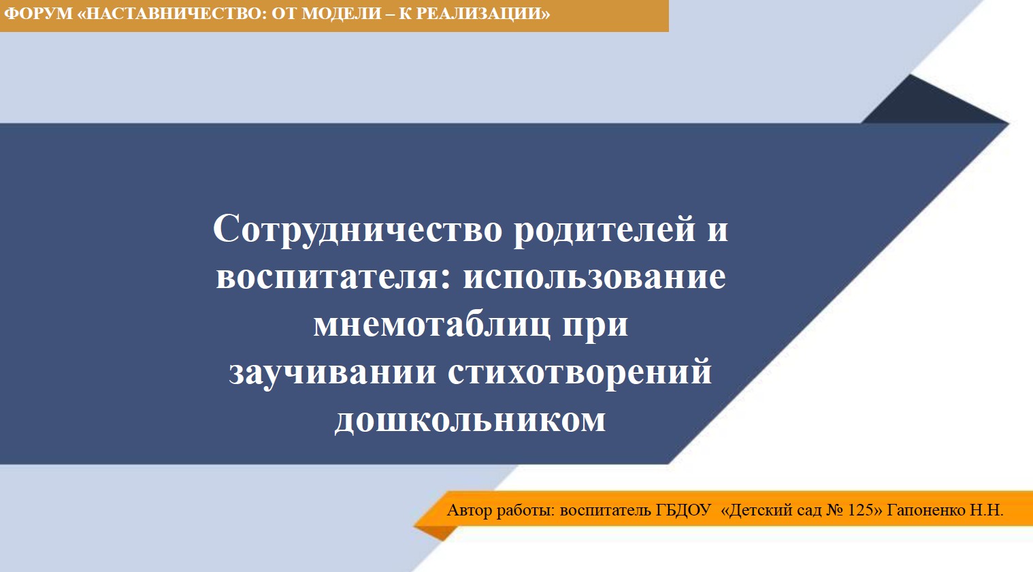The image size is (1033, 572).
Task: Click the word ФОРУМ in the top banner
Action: coord(38,14)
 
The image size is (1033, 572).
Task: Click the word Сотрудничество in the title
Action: coord(357,229)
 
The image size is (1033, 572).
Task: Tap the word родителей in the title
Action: coord(604,229)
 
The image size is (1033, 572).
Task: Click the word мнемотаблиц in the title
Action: coord(432,325)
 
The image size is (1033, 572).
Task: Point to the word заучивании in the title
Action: coord(333,372)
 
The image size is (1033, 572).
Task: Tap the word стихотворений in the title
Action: coord(580,372)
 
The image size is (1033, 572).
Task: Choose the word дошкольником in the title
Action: coord(470,419)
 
